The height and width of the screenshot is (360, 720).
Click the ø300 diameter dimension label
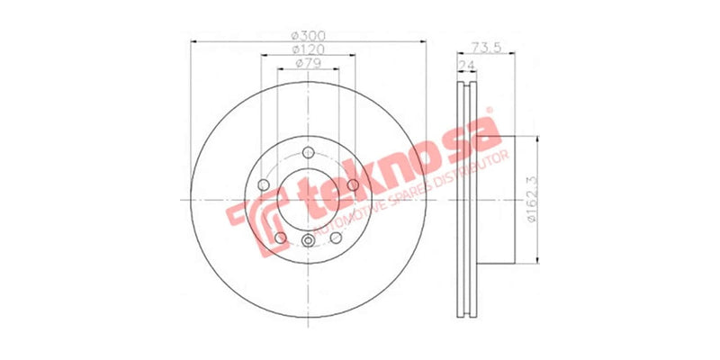(308, 35)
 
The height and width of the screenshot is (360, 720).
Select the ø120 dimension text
(308, 49)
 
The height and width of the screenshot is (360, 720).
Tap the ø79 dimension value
(308, 64)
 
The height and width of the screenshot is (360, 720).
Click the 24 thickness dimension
(466, 66)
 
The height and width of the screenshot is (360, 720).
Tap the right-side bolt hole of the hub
(353, 184)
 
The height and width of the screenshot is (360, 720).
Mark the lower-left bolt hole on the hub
(281, 237)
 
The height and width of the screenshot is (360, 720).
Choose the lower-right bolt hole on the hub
(336, 237)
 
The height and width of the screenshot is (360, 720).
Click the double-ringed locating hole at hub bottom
(308, 240)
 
